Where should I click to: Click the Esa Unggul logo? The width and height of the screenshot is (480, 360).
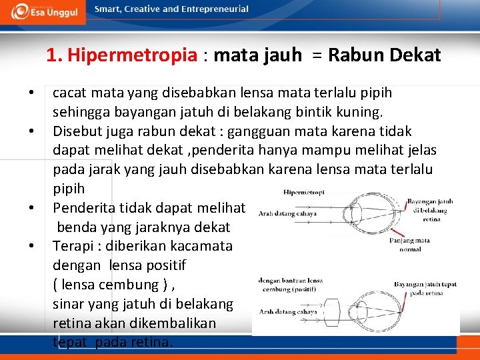coord(45,11)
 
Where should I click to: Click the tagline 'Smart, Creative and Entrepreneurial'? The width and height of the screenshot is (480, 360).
coord(171,9)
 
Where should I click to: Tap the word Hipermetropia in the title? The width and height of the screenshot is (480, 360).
coord(133,55)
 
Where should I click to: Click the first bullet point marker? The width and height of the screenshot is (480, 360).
coord(31,92)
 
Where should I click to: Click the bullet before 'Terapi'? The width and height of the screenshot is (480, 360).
coord(31,246)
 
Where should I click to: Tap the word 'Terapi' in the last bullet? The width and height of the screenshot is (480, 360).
coord(73,246)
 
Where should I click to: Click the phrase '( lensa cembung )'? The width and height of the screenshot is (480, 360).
coord(110,285)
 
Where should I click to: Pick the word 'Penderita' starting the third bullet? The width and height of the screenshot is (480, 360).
coord(83,207)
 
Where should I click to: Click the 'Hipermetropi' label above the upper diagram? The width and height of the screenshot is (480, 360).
coord(304,192)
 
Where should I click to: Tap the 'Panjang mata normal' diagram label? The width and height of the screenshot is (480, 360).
coord(413,244)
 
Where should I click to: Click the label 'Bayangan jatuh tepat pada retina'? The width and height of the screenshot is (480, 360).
coord(425,288)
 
